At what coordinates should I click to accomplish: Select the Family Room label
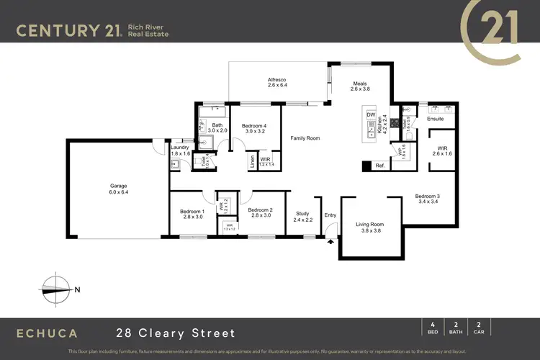(305, 138)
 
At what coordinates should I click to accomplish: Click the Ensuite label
(436, 119)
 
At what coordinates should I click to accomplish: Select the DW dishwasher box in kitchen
(371, 115)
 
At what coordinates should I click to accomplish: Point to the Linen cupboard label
(251, 160)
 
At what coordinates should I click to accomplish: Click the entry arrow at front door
(330, 242)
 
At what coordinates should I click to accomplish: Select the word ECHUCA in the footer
(48, 333)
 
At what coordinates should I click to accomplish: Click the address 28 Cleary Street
(176, 333)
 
